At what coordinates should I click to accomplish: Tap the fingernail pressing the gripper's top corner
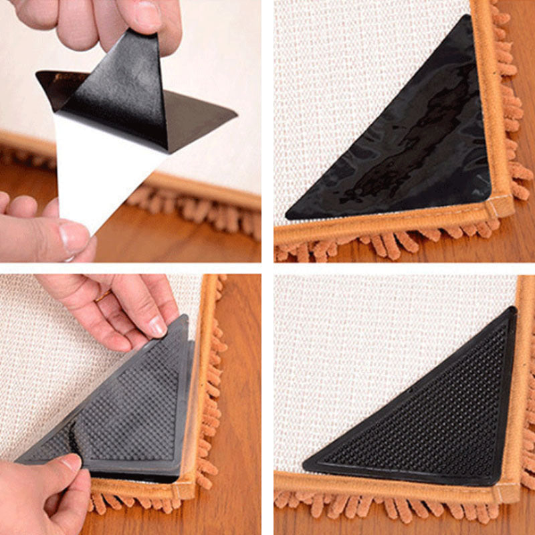click(x=158, y=326)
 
